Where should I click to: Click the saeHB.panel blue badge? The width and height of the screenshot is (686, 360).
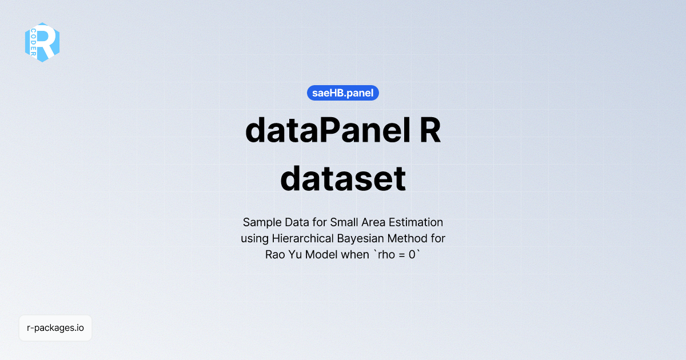coord(343,92)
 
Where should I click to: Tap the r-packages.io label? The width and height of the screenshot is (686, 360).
coord(55,328)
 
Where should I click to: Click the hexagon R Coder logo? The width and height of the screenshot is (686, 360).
coord(42,42)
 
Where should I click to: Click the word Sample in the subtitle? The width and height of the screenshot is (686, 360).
coord(260,222)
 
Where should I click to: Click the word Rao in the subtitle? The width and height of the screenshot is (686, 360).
coord(275,255)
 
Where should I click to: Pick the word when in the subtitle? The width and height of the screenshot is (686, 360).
coord(356,255)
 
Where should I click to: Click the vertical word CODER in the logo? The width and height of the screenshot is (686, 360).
coord(34,43)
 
